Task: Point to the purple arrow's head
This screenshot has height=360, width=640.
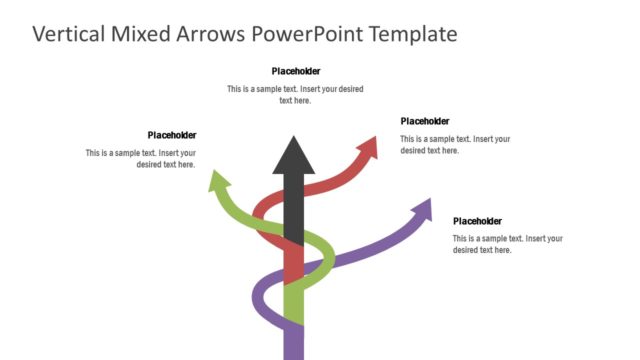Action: coord(422,209)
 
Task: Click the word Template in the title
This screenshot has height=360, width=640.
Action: coord(412,34)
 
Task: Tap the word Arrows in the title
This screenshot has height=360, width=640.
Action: coord(211,34)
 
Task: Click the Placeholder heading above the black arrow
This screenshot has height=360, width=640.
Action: coord(295,71)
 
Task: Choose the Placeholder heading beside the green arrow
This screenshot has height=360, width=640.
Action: coord(171,135)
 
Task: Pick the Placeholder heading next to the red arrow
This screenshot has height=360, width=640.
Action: coord(424,121)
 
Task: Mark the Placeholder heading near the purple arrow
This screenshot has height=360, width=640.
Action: coord(477,221)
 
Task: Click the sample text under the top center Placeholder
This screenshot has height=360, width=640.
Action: coord(295,95)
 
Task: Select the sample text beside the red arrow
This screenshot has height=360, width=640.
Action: coord(455,145)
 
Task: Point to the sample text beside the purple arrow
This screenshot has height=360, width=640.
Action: coord(507,244)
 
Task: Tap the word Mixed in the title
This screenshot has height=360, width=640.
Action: coord(144,34)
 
